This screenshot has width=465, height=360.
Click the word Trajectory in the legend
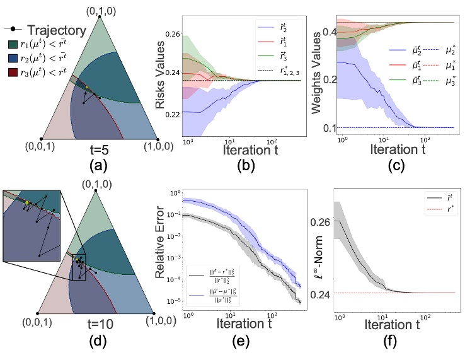tap(52, 29)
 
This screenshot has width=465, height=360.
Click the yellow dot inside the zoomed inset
tap(27, 203)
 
